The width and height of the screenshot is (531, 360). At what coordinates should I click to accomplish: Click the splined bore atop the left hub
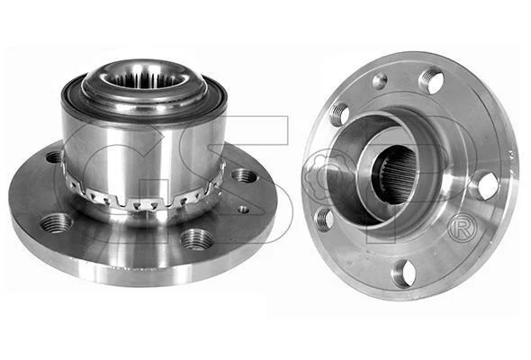145,79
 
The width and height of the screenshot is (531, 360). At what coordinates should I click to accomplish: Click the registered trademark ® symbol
463,229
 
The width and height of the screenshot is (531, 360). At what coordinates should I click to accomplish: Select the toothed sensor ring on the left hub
143,195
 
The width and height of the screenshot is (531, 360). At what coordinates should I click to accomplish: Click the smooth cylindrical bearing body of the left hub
142,152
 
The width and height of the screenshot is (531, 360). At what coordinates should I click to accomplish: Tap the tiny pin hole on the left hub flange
244,210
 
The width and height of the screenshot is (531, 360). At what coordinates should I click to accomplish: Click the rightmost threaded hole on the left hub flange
243,176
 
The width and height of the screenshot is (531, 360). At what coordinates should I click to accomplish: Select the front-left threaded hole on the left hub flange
57,223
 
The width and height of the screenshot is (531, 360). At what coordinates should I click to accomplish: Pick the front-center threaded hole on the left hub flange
197,238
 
